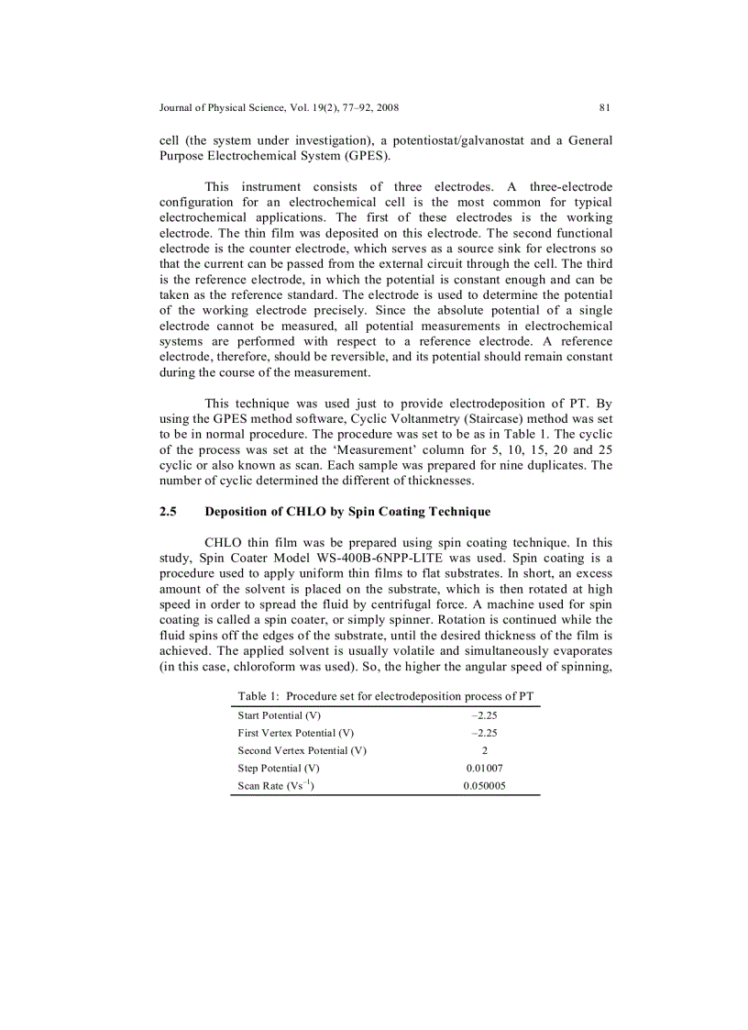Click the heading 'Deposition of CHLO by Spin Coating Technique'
[x=347, y=512]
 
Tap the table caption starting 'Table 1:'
[x=385, y=696]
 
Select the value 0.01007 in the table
[x=484, y=769]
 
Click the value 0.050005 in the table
[x=484, y=786]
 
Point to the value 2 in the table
[x=484, y=750]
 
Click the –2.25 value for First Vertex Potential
[x=484, y=733]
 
